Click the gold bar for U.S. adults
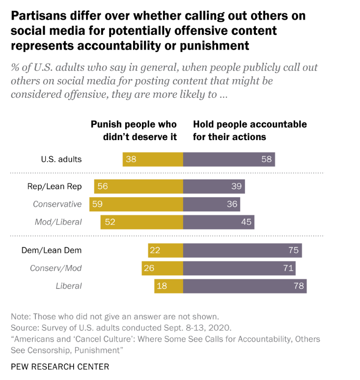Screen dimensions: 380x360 click(153, 159)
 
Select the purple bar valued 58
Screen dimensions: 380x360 click(229, 159)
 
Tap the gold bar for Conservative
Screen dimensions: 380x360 click(136, 204)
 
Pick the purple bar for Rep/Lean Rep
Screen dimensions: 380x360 click(214, 186)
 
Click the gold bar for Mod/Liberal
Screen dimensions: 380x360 click(141, 222)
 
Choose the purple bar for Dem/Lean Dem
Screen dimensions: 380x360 click(242, 250)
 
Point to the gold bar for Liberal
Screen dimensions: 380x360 click(168, 286)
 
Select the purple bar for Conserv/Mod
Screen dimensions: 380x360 click(239, 268)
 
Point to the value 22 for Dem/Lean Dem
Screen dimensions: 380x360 click(155, 250)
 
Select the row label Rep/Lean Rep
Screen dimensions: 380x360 click(55, 186)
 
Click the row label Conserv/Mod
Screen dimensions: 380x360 click(55, 268)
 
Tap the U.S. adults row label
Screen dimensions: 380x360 click(61, 159)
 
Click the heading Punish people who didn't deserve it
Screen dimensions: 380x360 click(134, 130)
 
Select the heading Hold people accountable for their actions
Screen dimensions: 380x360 click(249, 130)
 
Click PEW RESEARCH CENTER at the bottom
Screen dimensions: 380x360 click(60, 367)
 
